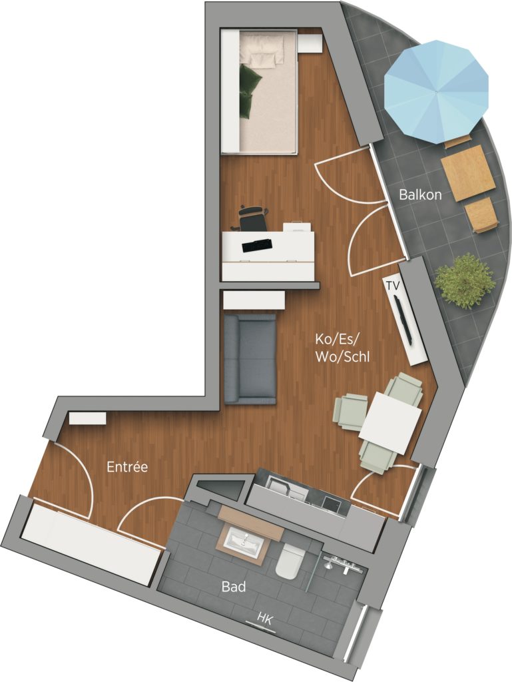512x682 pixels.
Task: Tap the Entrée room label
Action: click(x=127, y=467)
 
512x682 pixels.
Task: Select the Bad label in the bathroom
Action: click(x=234, y=587)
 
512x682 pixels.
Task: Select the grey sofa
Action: click(x=250, y=359)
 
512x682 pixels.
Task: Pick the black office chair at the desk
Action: click(x=253, y=218)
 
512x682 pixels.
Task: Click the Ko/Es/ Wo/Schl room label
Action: click(x=342, y=348)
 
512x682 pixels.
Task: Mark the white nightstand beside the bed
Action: click(x=310, y=44)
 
